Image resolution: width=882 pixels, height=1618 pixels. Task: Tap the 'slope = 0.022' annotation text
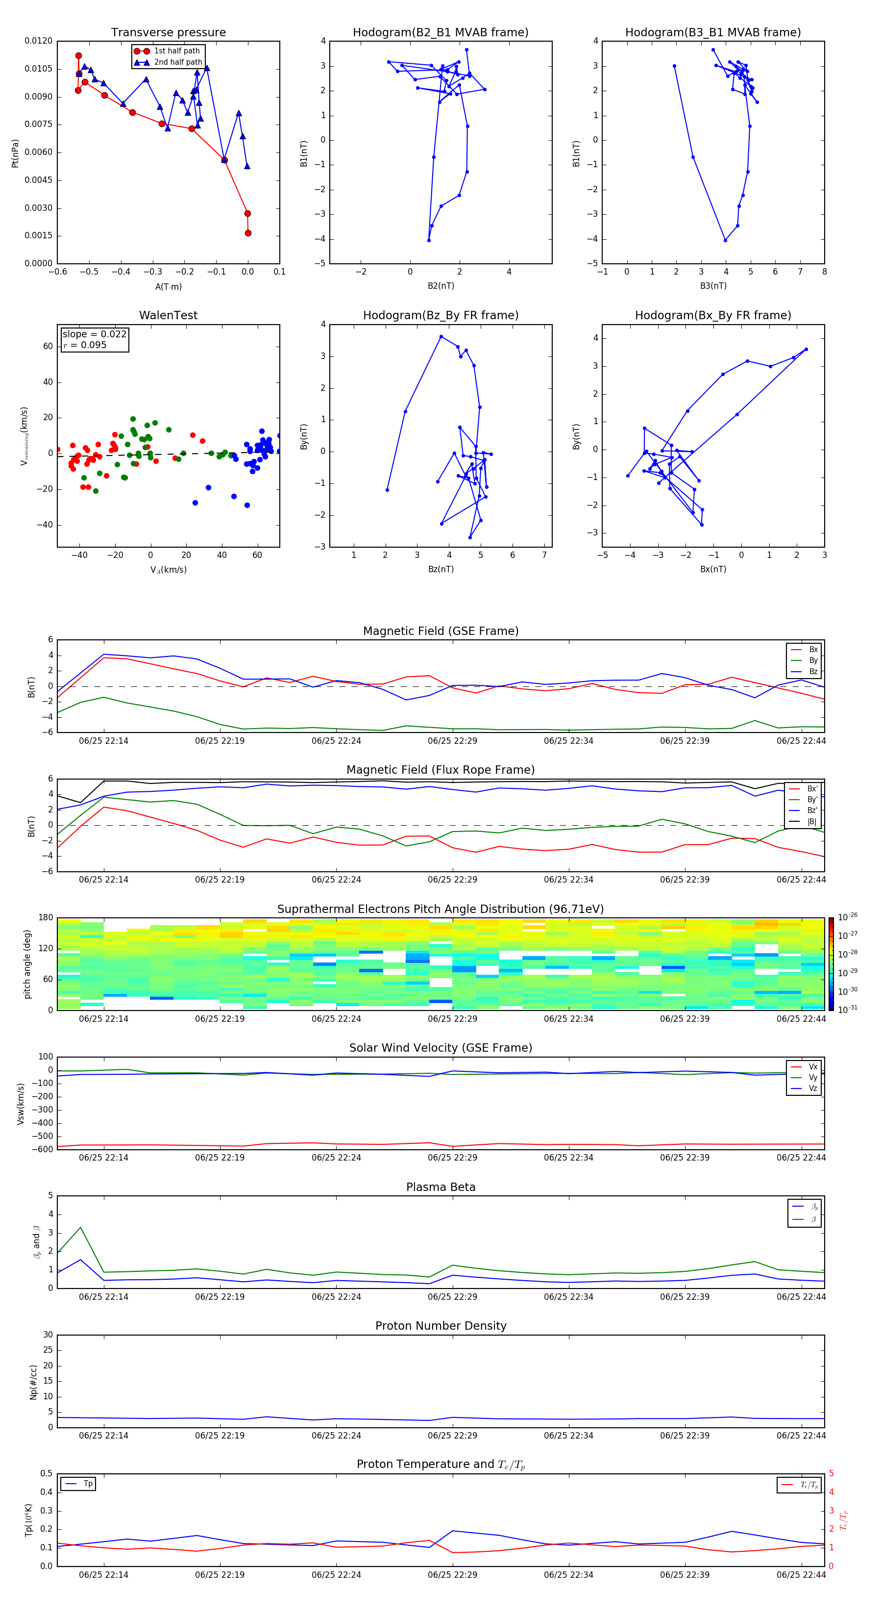(94, 334)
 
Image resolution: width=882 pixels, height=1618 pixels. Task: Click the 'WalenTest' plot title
(168, 315)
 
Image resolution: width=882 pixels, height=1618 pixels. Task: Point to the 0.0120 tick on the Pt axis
(38, 41)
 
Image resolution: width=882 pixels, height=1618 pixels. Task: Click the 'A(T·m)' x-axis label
(168, 286)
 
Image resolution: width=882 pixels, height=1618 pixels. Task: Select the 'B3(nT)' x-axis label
(713, 286)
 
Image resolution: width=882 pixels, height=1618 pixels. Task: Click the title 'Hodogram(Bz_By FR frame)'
(441, 315)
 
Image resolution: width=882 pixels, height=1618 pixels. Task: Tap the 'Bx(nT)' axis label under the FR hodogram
(713, 569)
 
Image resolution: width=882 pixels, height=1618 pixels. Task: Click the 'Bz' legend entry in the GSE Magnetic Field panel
(813, 671)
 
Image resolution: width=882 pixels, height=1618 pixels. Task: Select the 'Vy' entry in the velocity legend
(813, 1077)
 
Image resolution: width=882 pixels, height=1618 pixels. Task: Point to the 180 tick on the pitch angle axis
(45, 918)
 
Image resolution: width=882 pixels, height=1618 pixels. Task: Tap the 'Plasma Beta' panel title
(441, 1187)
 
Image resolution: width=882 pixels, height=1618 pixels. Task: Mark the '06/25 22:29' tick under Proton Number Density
(452, 1435)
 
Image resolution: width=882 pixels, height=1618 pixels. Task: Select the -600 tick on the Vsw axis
(44, 1149)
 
